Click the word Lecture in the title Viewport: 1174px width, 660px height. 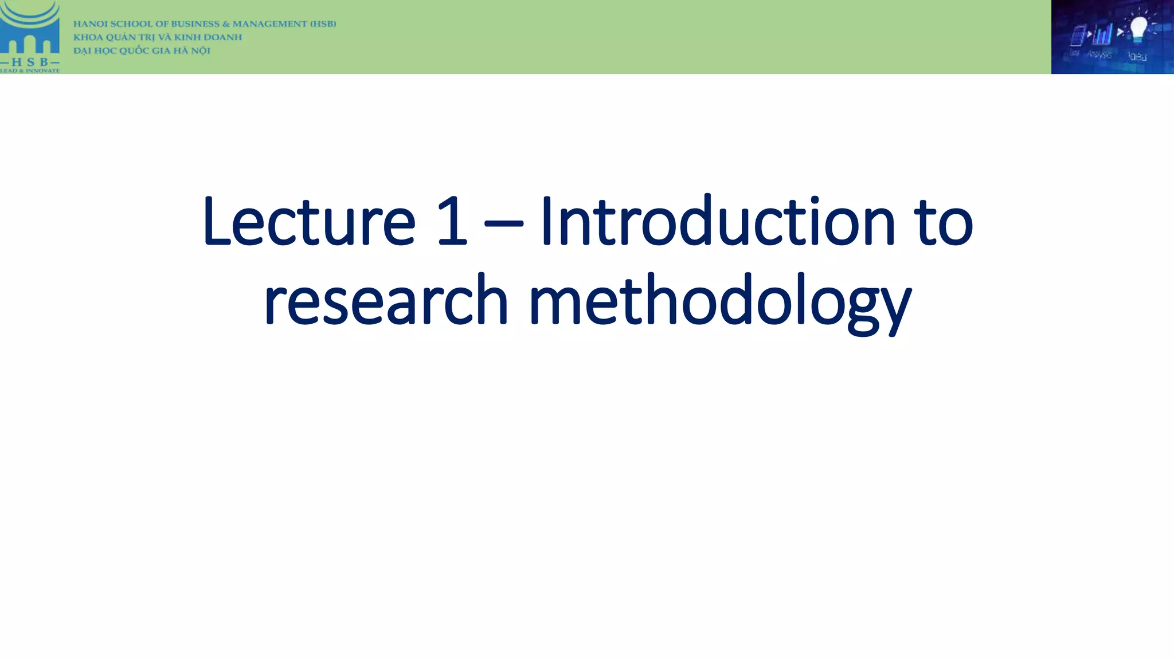click(308, 222)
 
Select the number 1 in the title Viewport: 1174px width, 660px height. click(452, 222)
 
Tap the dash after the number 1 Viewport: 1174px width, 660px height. click(503, 225)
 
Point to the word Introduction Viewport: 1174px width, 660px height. click(717, 222)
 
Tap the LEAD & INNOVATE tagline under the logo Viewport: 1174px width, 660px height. click(30, 70)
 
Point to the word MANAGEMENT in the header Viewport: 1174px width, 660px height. click(269, 24)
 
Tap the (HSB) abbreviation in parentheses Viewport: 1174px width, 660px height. click(323, 24)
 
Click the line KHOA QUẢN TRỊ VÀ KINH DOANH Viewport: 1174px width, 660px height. click(158, 37)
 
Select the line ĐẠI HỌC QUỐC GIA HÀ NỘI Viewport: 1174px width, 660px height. click(142, 50)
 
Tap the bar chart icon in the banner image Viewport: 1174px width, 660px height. click(1102, 34)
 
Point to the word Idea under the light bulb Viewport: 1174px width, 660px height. click(1137, 56)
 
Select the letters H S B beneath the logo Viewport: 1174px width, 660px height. click(30, 61)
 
